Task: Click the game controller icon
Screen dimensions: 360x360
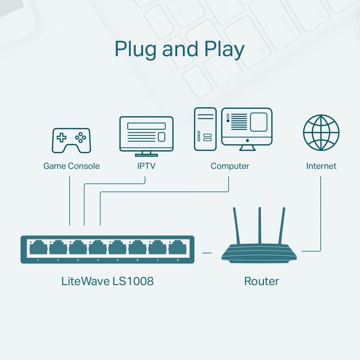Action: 72,140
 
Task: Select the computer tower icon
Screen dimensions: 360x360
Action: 205,129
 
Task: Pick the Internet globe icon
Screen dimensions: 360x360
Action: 321,132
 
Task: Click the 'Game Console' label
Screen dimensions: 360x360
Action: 71,166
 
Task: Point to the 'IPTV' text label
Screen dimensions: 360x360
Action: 146,166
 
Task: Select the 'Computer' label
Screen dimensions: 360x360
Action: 230,166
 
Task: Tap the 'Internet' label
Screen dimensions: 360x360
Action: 321,166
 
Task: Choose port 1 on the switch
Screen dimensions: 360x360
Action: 38,248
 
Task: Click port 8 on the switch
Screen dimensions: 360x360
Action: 177,248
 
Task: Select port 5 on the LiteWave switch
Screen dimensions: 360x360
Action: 117,248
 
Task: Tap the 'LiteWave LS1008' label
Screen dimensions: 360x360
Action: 107,281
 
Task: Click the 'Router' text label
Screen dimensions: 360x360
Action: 261,281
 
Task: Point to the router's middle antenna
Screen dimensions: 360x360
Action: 259,225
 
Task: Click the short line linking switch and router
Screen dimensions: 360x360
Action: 207,253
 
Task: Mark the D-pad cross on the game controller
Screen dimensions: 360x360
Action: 62,137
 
